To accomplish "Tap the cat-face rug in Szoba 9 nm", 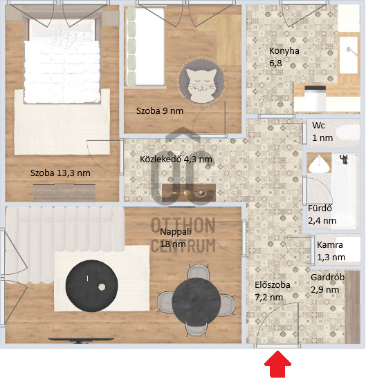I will tap(201, 86).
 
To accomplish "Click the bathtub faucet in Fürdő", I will tap(342, 162).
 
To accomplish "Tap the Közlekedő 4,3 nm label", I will tap(176, 159).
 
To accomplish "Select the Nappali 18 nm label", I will tap(172, 237).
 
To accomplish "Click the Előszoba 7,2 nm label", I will tap(268, 290).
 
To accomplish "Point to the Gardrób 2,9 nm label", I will tap(324, 283).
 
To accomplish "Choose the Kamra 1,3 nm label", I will tap(331, 251).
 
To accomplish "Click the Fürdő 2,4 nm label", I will tap(322, 215).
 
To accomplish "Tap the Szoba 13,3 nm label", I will tap(60, 173).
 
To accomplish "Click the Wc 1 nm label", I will tap(322, 132).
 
